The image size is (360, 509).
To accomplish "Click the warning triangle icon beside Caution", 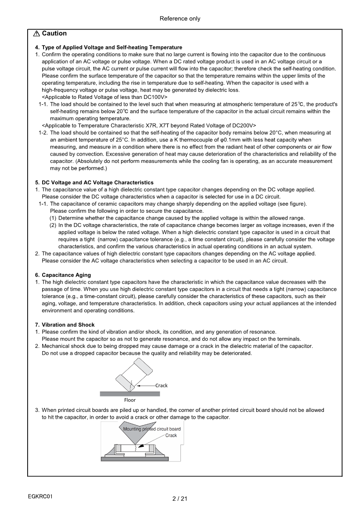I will click(36, 34).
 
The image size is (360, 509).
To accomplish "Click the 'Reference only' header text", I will click(180, 19).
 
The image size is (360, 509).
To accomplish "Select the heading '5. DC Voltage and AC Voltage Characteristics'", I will click(94, 182).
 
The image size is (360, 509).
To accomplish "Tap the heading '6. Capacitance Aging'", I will click(63, 275).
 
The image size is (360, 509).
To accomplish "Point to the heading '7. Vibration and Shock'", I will click(65, 325).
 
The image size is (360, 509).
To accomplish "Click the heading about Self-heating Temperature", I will click(109, 47).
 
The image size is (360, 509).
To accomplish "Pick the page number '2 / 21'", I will click(180, 499).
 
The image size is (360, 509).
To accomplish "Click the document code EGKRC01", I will click(40, 496).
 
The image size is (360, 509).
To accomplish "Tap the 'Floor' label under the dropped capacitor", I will click(130, 400).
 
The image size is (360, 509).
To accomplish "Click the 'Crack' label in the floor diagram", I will click(161, 386).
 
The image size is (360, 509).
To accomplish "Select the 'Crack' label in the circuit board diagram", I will click(171, 436).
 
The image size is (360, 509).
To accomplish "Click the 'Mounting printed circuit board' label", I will click(152, 429).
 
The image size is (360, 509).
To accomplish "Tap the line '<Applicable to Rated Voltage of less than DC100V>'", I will click(105, 97).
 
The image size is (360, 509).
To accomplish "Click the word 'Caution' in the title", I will click(54, 34).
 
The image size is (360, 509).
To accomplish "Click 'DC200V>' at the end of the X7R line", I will click(245, 126).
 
